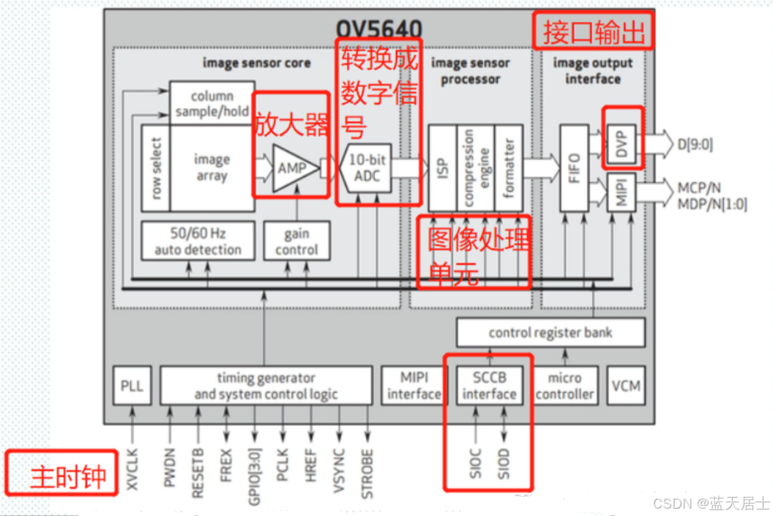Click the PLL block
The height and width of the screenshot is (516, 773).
[x=132, y=386]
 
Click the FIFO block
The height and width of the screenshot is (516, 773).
[x=573, y=168]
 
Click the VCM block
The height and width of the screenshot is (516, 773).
[x=626, y=386]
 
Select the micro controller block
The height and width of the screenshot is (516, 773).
[x=564, y=386]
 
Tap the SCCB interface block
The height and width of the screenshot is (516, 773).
[x=489, y=386]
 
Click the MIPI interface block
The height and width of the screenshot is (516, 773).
[x=414, y=386]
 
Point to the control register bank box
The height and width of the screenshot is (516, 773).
[x=550, y=333]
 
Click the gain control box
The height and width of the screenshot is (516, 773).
[x=296, y=241]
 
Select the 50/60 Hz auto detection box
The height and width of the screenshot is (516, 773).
[x=198, y=241]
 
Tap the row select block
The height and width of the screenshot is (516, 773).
[x=155, y=168]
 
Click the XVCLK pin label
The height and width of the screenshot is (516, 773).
[x=132, y=474]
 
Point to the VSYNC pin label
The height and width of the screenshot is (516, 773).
[x=339, y=474]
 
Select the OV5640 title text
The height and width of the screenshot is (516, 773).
[x=378, y=29]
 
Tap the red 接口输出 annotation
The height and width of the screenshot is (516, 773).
[x=593, y=31]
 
